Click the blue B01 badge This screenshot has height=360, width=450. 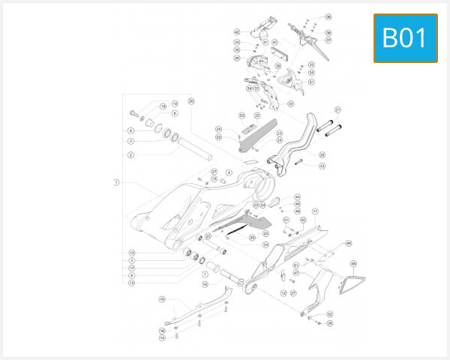coord(405,37)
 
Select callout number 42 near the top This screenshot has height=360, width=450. coord(236,32)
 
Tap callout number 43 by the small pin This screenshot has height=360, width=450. coord(322,166)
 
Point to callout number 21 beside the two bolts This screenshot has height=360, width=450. coord(337,109)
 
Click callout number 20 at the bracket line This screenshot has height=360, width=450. coord(190,100)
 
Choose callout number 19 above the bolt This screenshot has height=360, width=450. coord(174,104)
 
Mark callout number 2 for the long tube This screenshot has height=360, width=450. coord(130,155)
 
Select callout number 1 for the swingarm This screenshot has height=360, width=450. coord(116,181)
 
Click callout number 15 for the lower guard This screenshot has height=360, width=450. coord(161,299)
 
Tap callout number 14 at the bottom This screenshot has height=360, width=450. coord(162,337)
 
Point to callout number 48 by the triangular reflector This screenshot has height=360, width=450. coord(353,264)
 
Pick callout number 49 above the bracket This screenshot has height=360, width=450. coord(348,244)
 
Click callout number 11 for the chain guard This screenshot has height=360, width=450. coord(316,212)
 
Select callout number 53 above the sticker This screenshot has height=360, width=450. coord(241,115)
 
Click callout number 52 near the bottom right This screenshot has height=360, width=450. coord(330,314)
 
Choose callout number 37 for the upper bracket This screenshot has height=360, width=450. coord(328,40)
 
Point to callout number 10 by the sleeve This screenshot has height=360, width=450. coord(205,284)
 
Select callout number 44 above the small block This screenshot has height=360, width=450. coord(297,196)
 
